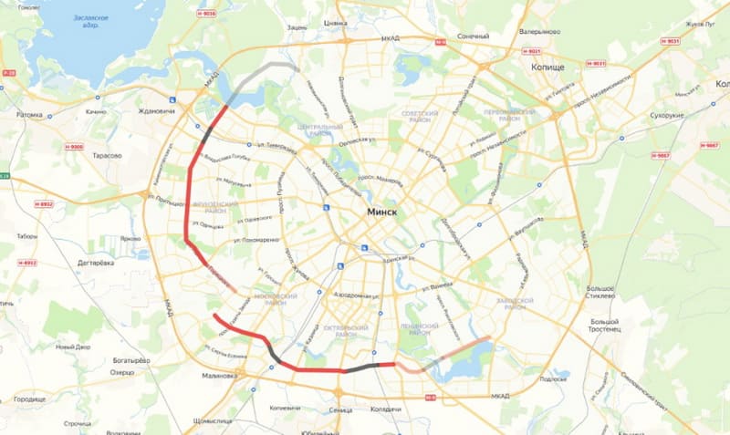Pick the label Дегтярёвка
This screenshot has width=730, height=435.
pos(95,263)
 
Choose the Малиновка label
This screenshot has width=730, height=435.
pos(219,374)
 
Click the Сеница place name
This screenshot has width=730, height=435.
pos(339,409)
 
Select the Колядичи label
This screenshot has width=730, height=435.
pos(386,409)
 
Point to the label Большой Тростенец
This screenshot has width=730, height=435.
pos(610,326)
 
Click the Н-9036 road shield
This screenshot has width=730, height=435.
pos(207,14)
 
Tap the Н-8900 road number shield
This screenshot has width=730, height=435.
pos(74,147)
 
